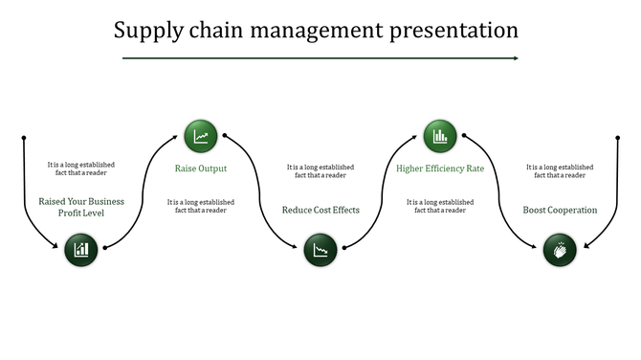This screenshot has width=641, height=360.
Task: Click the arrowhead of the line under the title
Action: [515, 58]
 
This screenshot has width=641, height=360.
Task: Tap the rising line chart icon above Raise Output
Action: [201, 136]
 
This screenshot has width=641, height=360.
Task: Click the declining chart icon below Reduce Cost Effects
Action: [320, 250]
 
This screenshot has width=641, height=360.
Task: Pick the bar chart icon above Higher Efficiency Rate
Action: [440, 136]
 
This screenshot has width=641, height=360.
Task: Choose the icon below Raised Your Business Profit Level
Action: [81, 250]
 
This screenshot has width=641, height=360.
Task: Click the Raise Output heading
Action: [201, 169]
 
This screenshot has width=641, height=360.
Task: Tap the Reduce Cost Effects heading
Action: [320, 210]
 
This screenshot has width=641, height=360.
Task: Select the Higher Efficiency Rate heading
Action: [440, 169]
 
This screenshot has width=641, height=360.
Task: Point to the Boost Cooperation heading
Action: [560, 210]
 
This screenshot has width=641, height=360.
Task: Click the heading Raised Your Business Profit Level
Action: [81, 207]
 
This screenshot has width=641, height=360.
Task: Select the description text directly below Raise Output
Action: [201, 206]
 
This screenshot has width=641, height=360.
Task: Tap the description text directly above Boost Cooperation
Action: [560, 171]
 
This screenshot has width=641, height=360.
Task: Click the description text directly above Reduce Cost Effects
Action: [320, 171]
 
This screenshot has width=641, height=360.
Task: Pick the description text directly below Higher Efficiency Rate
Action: [440, 206]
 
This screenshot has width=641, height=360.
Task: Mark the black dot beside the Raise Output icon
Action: [225, 136]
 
